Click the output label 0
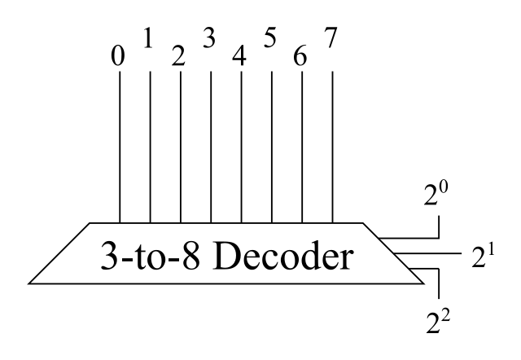(120, 59)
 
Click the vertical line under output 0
(120, 147)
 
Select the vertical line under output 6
(303, 147)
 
